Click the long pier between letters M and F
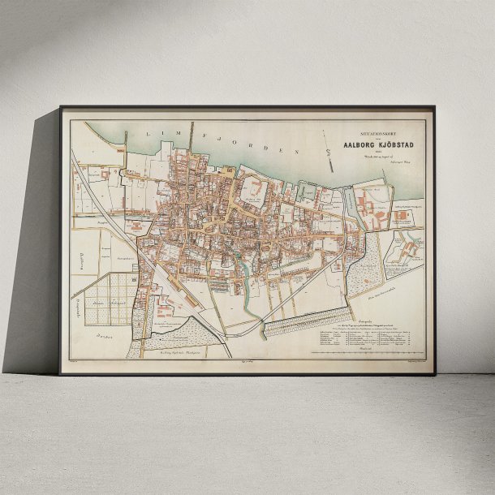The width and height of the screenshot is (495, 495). (x=192, y=141)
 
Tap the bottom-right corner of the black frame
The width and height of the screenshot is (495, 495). (x=434, y=373)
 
